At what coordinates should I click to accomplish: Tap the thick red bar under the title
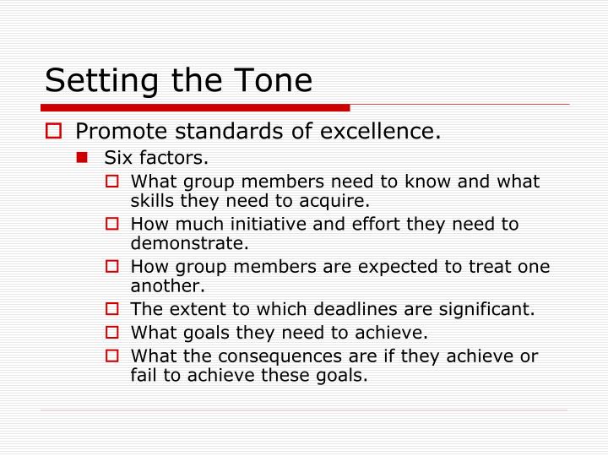coord(194,108)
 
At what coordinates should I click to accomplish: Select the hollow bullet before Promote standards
coord(53,133)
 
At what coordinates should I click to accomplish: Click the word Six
coord(116,157)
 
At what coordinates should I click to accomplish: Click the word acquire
coord(342,202)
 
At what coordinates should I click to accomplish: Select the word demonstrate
coord(189,244)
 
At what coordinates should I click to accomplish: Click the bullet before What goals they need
coord(114,332)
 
